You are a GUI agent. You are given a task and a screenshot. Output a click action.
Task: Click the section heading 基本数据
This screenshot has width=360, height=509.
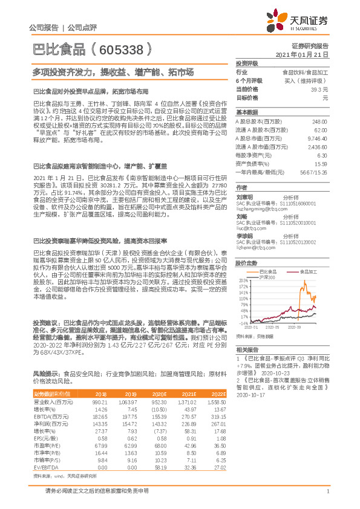247,112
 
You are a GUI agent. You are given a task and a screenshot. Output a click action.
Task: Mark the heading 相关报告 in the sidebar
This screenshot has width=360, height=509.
247,350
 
